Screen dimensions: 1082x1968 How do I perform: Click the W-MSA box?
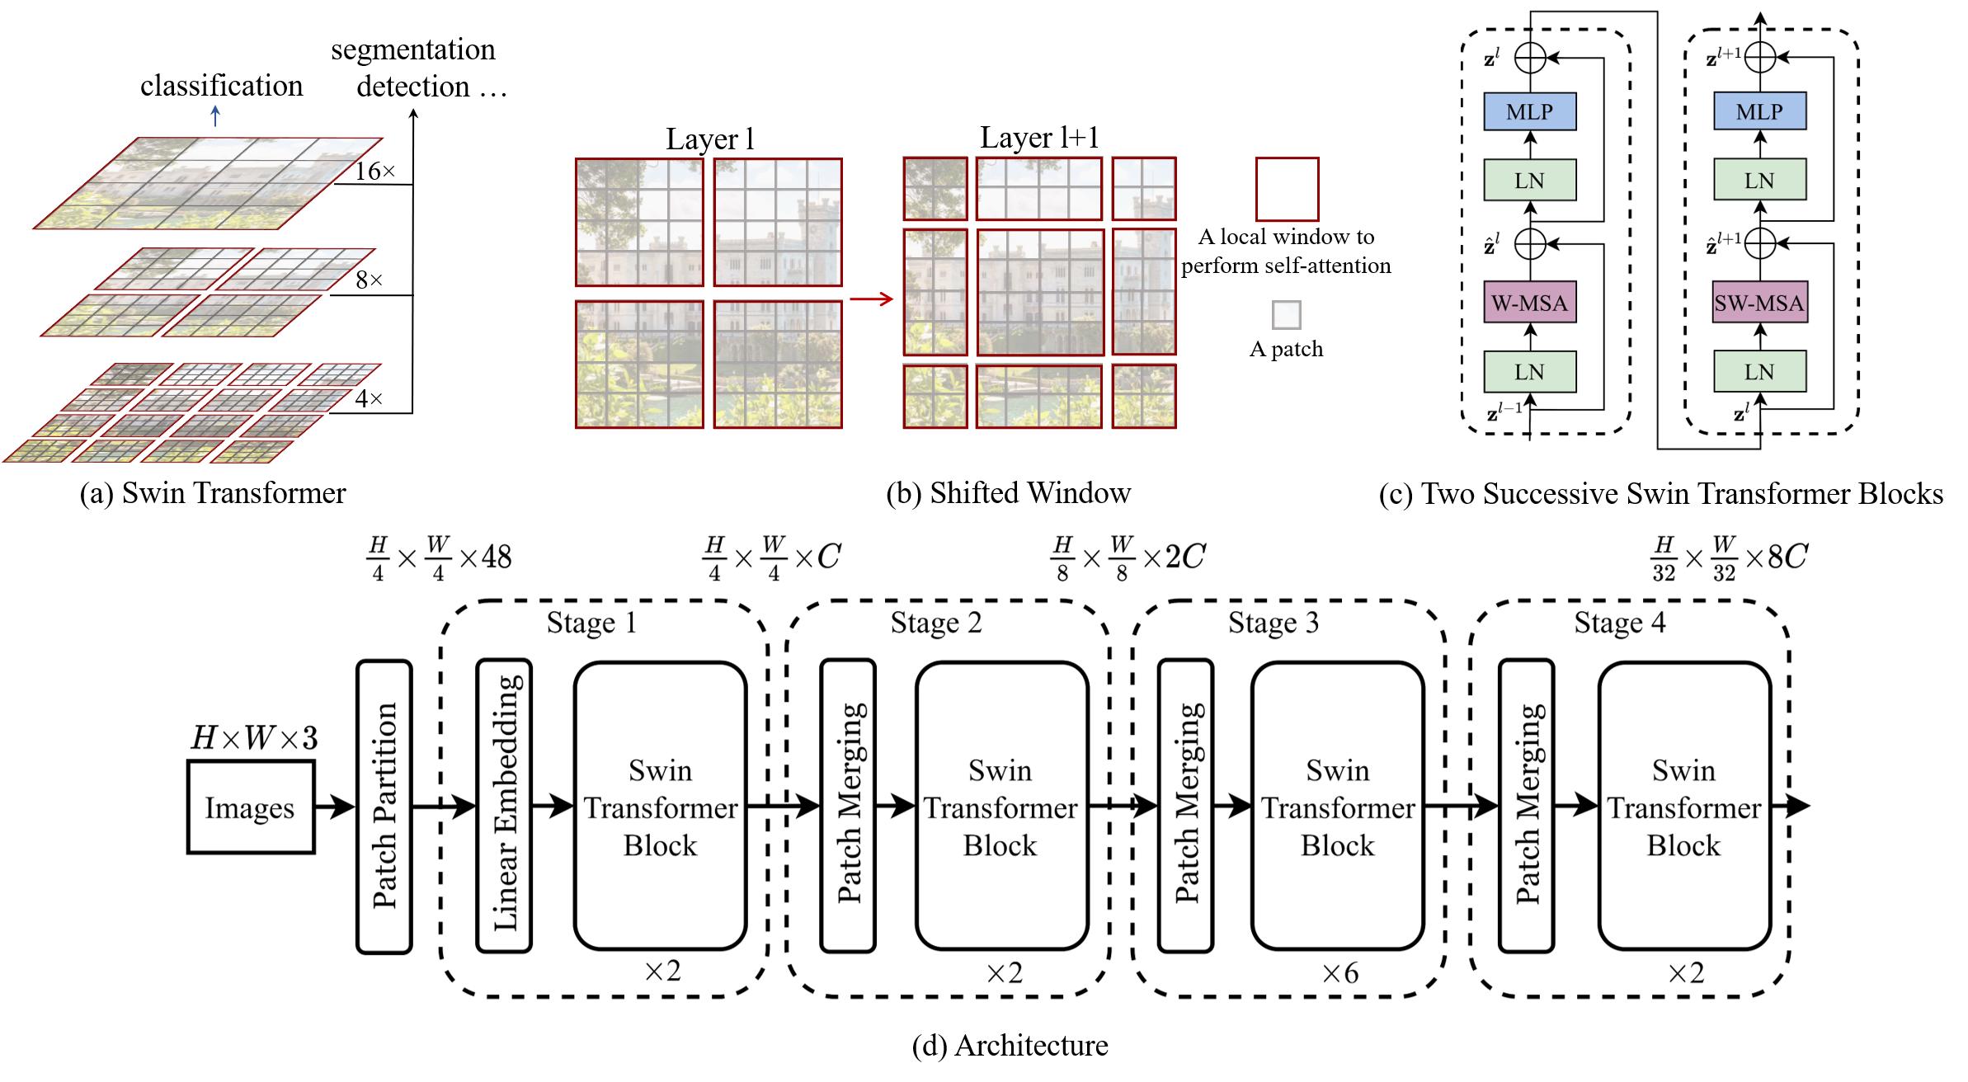(x=1529, y=303)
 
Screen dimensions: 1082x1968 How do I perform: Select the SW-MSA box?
(x=1758, y=303)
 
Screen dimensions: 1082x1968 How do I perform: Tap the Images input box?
(x=250, y=807)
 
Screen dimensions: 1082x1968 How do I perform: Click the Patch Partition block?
(x=384, y=807)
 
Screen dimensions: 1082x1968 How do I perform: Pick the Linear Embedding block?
(x=504, y=807)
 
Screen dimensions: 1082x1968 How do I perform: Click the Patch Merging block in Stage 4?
(x=1526, y=807)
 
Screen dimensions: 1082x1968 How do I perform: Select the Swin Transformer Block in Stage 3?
(x=1337, y=807)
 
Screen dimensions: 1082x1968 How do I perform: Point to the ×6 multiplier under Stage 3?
(x=1340, y=974)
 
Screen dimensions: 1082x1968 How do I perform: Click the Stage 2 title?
(x=936, y=623)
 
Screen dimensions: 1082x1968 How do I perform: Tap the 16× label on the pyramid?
(x=375, y=172)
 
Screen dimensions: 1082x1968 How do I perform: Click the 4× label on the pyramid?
(x=369, y=399)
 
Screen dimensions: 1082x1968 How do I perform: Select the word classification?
(x=221, y=86)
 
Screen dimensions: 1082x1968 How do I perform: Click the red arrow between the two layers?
(x=872, y=299)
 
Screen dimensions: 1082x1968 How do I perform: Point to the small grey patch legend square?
(x=1286, y=315)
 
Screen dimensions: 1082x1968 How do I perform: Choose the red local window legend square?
(x=1286, y=189)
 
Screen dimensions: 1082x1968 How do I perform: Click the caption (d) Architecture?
(x=1010, y=1046)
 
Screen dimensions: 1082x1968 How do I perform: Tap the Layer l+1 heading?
(x=1039, y=138)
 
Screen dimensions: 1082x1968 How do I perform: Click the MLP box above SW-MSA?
(x=1758, y=111)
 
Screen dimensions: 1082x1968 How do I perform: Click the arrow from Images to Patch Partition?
(x=335, y=807)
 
